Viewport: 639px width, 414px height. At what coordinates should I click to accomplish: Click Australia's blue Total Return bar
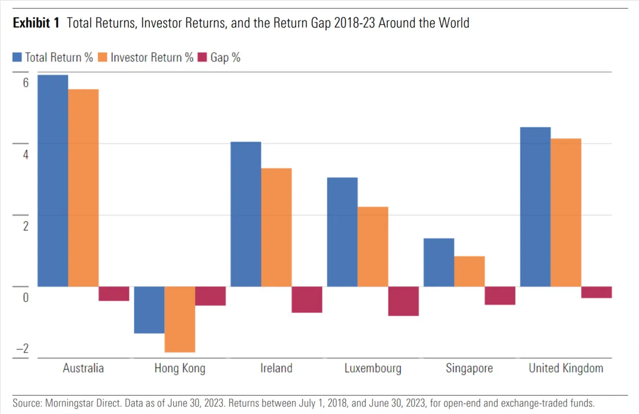53,180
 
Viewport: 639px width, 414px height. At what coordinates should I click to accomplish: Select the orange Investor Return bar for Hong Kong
180,319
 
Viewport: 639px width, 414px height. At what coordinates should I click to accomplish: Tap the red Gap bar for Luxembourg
403,301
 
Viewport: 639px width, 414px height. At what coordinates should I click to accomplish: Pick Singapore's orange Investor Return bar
470,272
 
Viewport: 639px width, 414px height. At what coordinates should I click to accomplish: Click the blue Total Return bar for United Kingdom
535,207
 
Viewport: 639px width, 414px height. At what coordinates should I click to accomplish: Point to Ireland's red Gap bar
307,300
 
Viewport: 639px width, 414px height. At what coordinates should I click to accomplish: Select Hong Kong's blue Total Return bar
149,310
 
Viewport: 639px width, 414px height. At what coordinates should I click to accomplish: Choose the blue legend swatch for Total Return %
17,57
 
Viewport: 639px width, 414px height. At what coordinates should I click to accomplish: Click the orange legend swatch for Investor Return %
102,57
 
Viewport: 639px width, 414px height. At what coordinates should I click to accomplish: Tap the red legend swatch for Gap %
202,57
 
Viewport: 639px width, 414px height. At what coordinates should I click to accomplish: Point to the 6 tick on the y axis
26,83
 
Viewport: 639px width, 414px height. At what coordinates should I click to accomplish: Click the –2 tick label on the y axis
23,348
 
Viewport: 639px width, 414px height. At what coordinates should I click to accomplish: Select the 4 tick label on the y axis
26,154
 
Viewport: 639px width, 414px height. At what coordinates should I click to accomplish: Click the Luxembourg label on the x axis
373,368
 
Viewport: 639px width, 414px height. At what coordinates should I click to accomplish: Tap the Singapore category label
469,368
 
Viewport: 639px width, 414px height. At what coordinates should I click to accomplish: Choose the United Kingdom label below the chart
566,368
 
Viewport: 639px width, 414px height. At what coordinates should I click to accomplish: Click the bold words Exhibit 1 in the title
36,23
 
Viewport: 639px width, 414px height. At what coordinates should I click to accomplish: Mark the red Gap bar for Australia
114,294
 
